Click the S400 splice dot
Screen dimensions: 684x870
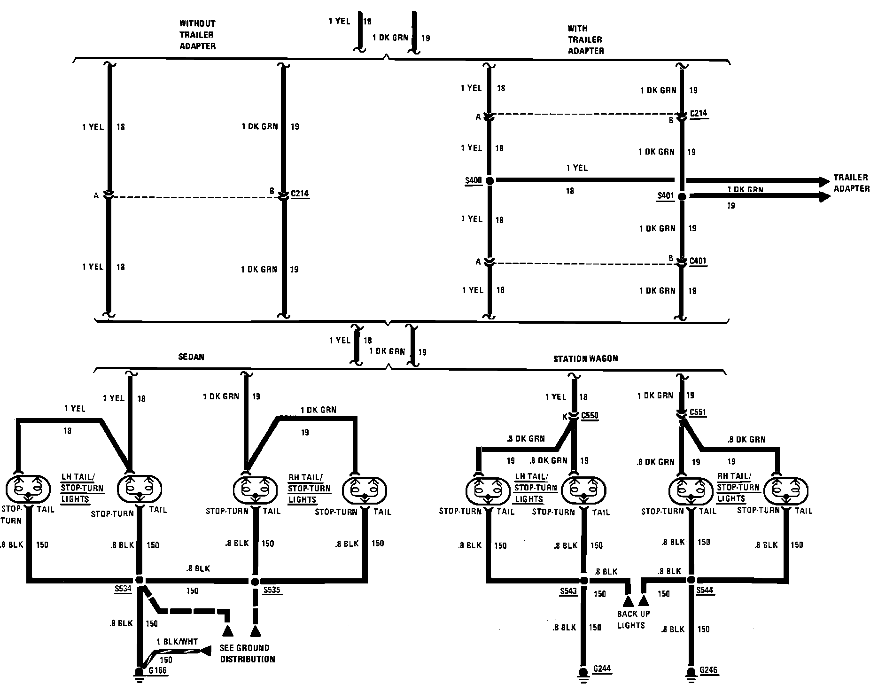coord(489,180)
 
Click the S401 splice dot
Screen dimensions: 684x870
coord(682,197)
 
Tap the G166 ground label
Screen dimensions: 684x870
coord(157,671)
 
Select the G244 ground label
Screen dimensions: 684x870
coord(602,669)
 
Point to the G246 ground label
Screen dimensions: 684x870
coord(708,670)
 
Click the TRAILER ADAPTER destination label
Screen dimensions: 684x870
coord(851,183)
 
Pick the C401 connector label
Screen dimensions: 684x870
coord(698,261)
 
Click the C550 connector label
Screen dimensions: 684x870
coord(590,415)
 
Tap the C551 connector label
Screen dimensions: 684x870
coord(698,412)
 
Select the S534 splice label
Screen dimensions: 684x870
coord(123,588)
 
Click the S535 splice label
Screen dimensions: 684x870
coord(272,590)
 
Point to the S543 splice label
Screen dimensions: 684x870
coord(568,591)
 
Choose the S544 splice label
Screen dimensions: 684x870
coord(705,590)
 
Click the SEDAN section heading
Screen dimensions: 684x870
coord(191,357)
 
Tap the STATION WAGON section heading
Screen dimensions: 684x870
coord(585,358)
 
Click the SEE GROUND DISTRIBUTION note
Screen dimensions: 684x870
coord(247,653)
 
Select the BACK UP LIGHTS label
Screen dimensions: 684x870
coord(633,620)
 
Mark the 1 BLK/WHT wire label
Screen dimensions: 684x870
coord(177,642)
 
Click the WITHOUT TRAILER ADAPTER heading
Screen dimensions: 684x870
coord(197,35)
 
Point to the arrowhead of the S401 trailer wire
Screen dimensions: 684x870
coord(825,197)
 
